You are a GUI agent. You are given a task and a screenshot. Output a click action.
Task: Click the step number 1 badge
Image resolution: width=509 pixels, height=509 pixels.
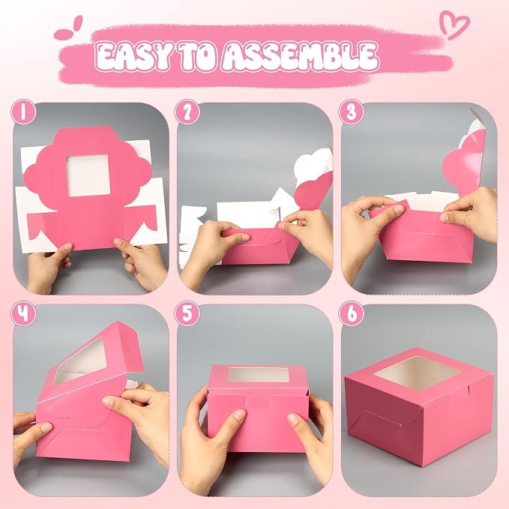click(x=23, y=112)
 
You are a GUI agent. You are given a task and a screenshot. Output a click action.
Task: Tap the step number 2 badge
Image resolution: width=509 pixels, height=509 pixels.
click(x=187, y=112)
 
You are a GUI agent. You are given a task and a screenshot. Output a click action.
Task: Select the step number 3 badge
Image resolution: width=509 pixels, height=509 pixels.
click(x=352, y=112)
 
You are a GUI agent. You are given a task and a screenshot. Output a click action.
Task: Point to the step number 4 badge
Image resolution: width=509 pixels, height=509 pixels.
click(x=23, y=313)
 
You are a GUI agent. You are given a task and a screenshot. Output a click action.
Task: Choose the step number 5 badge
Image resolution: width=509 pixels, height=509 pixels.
click(x=187, y=313)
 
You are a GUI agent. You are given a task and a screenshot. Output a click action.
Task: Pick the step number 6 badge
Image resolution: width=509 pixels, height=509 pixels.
click(x=352, y=313)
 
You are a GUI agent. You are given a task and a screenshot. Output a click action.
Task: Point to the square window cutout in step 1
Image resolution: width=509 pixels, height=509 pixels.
click(x=88, y=175)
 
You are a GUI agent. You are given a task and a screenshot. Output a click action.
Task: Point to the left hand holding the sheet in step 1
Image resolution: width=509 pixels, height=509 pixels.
click(x=48, y=266)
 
